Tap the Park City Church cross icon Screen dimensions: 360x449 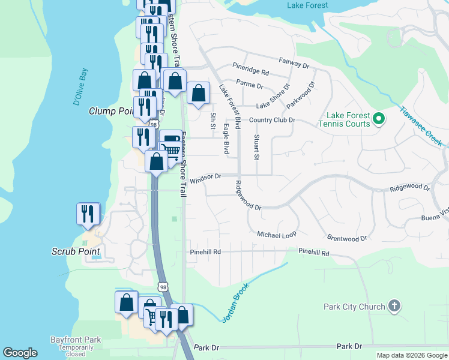pyautogui.click(x=394, y=307)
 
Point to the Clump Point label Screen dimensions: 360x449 pyautogui.click(x=110, y=111)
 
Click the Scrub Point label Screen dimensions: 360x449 pyautogui.click(x=75, y=251)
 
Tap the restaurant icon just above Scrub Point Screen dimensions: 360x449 pyautogui.click(x=88, y=214)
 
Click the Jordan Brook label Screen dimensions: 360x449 pyautogui.click(x=235, y=303)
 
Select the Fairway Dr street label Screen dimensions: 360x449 pyautogui.click(x=294, y=62)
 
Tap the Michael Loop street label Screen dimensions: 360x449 pyautogui.click(x=277, y=234)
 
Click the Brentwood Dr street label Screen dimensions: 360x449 pyautogui.click(x=346, y=238)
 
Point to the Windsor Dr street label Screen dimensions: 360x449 pyautogui.click(x=206, y=178)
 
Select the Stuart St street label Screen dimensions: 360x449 pyautogui.click(x=256, y=147)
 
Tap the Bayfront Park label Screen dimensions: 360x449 pyautogui.click(x=76, y=340)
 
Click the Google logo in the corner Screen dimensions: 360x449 pyautogui.click(x=20, y=353)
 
